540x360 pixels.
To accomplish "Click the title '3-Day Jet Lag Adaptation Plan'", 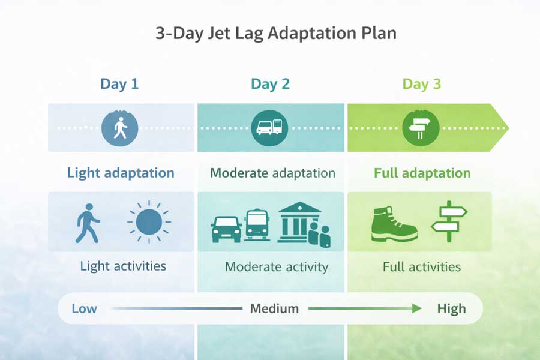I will (276, 33).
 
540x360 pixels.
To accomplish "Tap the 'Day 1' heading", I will (119, 84).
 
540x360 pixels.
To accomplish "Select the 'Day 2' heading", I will (270, 84).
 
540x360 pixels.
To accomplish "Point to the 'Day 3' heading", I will (421, 84).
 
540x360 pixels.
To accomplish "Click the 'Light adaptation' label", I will (121, 173).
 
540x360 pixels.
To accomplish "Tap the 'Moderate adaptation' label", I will (272, 173).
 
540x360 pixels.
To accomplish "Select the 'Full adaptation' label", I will (422, 173).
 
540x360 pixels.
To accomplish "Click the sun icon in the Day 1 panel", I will (149, 222).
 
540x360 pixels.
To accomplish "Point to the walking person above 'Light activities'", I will (87, 223).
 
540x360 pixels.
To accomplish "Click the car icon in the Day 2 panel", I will (226, 229).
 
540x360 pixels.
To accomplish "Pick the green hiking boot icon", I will (393, 224).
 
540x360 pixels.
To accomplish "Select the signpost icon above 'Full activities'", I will (449, 221).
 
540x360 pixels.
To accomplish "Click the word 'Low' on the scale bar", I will (84, 309).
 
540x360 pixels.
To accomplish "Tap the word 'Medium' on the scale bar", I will (274, 309).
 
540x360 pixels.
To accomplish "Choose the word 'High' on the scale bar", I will (451, 309).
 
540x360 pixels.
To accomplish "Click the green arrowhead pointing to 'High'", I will (417, 309).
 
